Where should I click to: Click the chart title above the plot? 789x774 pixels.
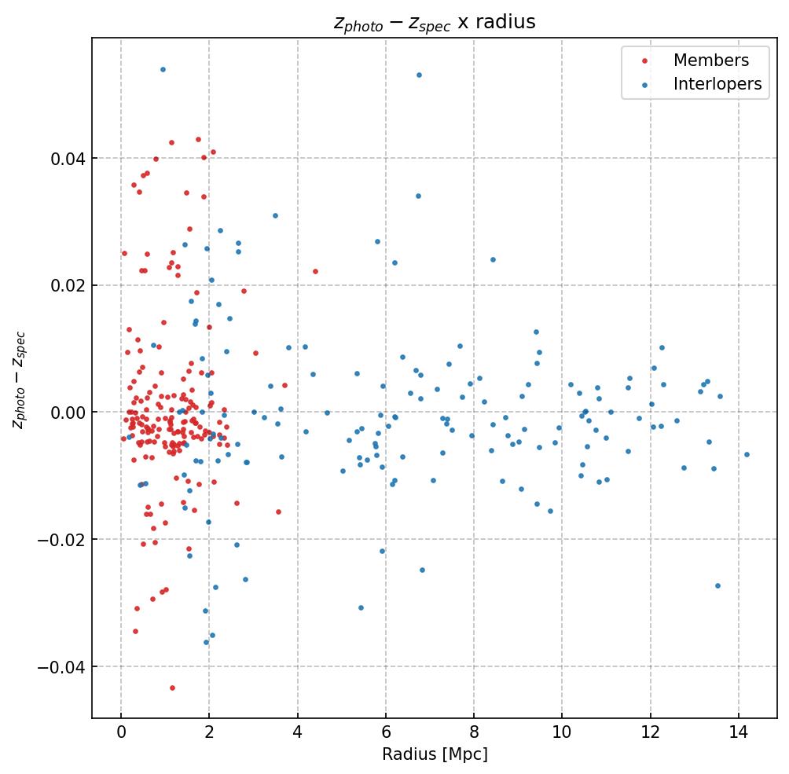tap(435, 23)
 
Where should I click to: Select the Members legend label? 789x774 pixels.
tap(710, 61)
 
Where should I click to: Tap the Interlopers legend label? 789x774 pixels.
tap(717, 84)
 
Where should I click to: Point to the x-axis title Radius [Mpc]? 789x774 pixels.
tap(435, 754)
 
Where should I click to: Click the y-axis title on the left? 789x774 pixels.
tap(19, 380)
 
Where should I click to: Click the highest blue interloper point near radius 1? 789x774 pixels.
tap(163, 69)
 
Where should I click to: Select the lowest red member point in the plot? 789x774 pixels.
tap(172, 688)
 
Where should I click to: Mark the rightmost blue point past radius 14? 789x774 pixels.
tap(747, 454)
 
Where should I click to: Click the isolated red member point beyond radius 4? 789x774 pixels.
tap(315, 271)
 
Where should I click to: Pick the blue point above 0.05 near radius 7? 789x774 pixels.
tap(419, 75)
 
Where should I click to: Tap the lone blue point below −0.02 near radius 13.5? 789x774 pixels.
tap(717, 585)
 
